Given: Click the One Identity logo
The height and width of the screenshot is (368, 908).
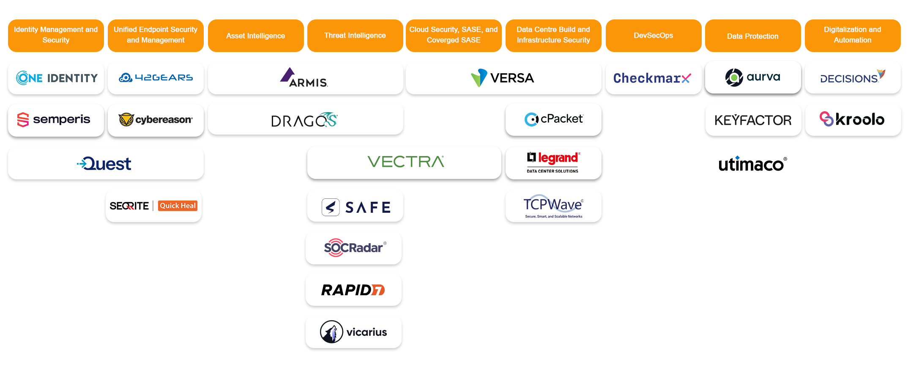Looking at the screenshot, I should click(x=56, y=78).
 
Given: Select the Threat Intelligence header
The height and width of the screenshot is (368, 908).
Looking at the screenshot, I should click(x=355, y=36).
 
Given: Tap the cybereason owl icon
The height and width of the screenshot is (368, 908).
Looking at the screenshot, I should click(x=126, y=120).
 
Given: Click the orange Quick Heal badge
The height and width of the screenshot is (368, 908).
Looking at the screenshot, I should click(x=178, y=206).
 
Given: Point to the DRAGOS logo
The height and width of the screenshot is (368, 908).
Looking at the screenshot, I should click(x=304, y=120).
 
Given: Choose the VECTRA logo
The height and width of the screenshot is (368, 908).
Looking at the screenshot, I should click(x=405, y=162).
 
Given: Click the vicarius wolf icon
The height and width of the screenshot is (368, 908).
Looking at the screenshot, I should click(x=331, y=332).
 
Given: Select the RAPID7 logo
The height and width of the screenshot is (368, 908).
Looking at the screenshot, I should click(x=353, y=290).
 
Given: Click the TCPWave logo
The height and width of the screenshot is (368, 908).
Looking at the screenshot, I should click(x=553, y=206).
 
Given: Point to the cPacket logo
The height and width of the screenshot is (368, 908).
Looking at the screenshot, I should click(x=553, y=119).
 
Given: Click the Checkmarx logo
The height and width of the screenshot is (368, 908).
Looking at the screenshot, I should click(x=652, y=78).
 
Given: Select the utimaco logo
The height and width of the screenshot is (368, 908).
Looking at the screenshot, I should click(x=752, y=164).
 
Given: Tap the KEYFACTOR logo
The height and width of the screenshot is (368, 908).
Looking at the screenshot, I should click(x=753, y=120).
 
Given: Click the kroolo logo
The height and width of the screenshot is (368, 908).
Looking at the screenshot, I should click(x=852, y=119).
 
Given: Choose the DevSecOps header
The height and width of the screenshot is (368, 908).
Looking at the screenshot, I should click(x=653, y=36).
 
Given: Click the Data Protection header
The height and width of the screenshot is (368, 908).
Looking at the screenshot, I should click(x=752, y=36).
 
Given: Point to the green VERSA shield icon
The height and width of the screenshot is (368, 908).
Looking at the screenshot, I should click(x=479, y=78).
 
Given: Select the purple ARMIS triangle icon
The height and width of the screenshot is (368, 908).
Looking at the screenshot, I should click(x=288, y=75).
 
